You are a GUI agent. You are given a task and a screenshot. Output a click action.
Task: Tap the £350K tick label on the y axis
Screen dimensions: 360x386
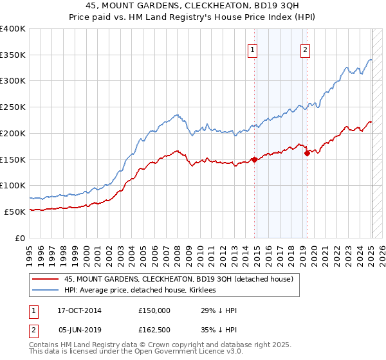(x=13, y=55)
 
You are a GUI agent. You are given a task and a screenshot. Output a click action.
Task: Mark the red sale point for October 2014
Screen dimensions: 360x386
(x=254, y=159)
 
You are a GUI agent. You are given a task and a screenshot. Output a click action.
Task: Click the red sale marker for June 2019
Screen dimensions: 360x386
(x=307, y=153)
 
